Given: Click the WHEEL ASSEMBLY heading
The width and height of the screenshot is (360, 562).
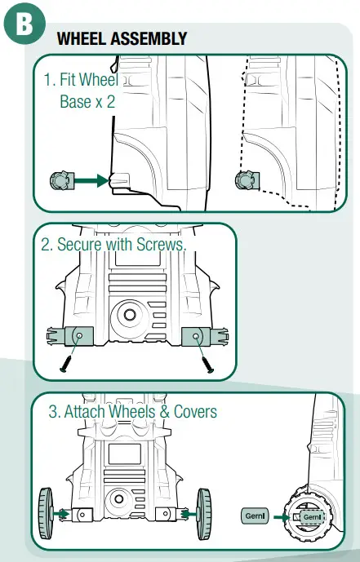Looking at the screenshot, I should tap(122, 39).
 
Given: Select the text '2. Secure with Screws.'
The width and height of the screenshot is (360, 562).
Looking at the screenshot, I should tap(114, 245).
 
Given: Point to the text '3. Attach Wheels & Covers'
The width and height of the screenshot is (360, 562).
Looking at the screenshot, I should tap(132, 412).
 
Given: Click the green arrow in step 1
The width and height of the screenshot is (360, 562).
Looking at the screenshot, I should tap(92, 180).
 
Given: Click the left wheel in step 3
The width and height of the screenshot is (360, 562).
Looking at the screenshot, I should tap(48, 514).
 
